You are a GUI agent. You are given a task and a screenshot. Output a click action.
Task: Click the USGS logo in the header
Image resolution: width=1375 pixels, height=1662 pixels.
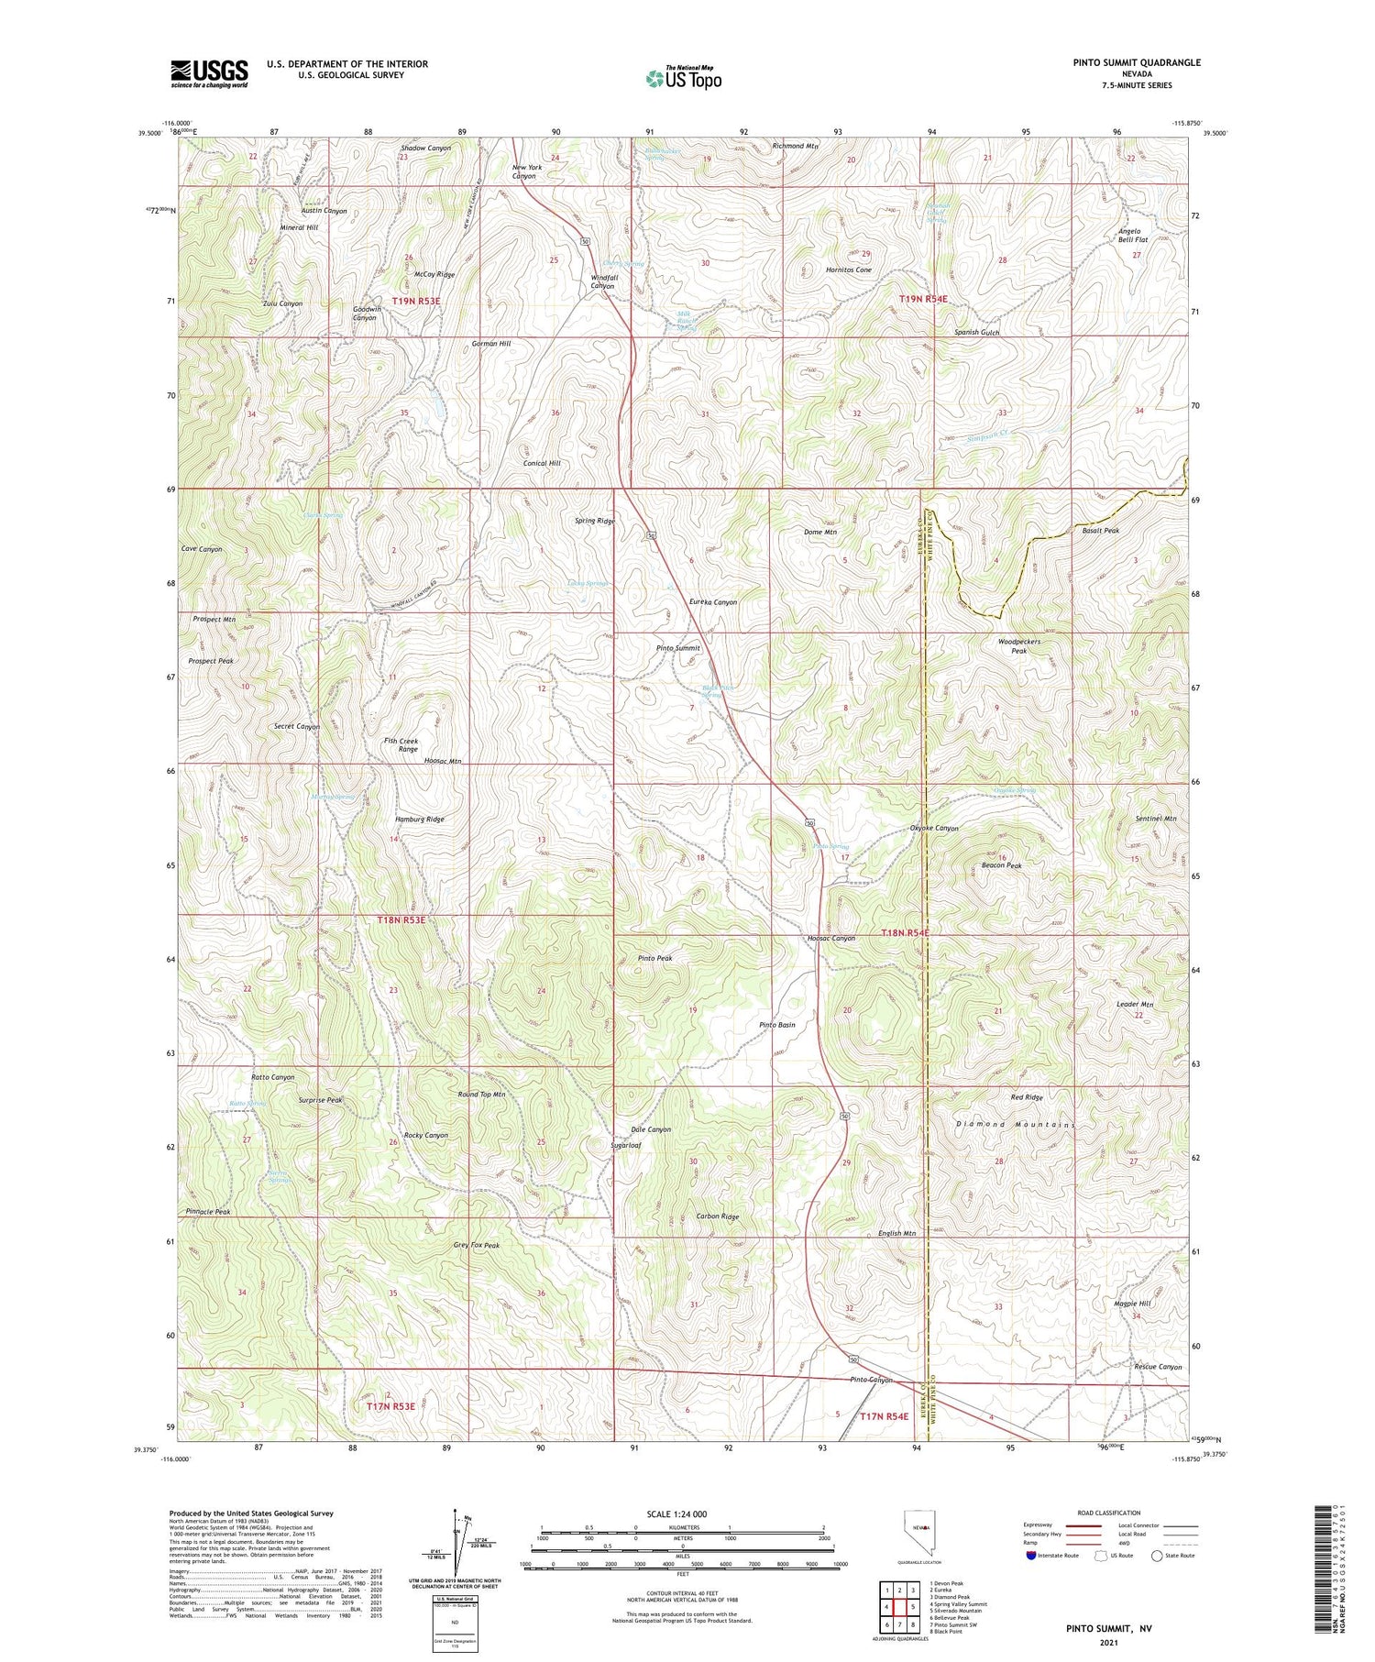pos(209,73)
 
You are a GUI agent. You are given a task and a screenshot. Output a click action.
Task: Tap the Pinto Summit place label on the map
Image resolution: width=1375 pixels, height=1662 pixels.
pos(678,648)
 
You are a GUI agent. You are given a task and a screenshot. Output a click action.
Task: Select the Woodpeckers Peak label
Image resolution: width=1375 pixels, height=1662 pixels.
pos(1018,646)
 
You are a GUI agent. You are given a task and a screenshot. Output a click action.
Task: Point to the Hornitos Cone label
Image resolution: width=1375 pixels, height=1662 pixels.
pos(848,270)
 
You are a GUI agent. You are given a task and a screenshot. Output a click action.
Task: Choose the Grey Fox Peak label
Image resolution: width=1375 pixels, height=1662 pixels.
pos(477,1246)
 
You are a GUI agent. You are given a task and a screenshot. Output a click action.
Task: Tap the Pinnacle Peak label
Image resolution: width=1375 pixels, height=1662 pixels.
pos(207,1212)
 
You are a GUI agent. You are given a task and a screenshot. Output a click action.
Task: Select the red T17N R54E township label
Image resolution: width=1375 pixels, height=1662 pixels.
pos(884,1416)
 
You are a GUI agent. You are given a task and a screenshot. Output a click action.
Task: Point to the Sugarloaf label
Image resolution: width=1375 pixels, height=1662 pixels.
pos(626,1146)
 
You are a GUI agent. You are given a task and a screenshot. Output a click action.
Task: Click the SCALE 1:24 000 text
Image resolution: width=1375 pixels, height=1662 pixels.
pos(676,1514)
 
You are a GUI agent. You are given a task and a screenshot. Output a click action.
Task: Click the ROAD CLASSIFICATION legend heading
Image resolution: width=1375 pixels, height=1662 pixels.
pos(1109,1513)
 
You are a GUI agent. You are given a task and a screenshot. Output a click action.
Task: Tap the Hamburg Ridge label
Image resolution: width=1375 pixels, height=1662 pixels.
pos(419,820)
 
